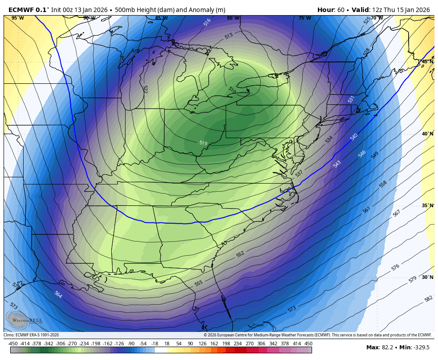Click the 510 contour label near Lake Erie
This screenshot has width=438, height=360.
(x=232, y=90)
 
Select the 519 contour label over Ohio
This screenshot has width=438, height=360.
(x=203, y=143)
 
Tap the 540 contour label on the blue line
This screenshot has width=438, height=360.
(x=354, y=137)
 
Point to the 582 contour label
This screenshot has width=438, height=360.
(x=428, y=299)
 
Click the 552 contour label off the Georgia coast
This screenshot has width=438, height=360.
(x=240, y=254)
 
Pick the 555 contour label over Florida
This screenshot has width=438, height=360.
(x=199, y=283)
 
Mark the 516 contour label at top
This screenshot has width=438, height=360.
(x=207, y=22)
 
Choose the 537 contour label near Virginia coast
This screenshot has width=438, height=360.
(x=299, y=173)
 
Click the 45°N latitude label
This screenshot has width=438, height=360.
(x=427, y=62)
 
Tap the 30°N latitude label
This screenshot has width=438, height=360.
(x=427, y=277)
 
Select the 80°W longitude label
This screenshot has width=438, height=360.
(x=233, y=18)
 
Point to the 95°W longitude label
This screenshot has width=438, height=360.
(x=18, y=18)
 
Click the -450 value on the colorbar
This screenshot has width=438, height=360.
(x=13, y=344)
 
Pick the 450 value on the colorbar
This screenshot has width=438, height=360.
(x=308, y=344)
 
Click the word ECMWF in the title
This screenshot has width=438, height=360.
(x=21, y=10)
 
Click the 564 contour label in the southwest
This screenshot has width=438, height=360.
(x=58, y=294)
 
